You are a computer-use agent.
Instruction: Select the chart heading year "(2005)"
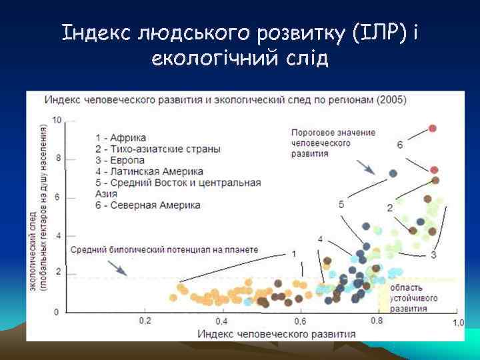click(391, 100)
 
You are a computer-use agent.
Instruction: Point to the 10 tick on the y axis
click(57, 120)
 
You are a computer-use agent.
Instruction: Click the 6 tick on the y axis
click(57, 197)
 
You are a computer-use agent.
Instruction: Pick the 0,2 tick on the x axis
click(145, 321)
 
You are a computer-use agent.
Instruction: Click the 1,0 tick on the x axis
click(457, 323)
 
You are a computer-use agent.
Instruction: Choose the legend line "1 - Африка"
click(121, 138)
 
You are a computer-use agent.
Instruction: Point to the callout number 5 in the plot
click(341, 205)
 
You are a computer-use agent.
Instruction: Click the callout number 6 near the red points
click(399, 145)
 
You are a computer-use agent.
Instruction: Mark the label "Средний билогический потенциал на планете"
click(164, 250)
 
